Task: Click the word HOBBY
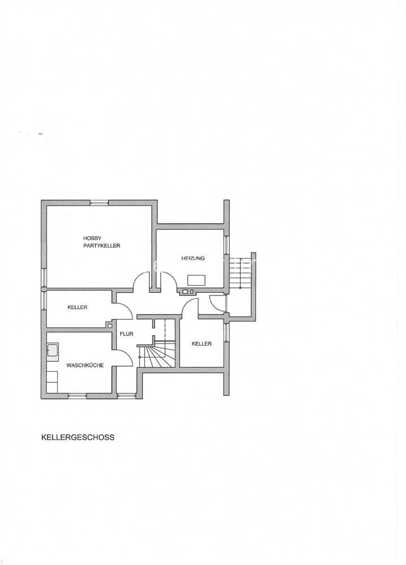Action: (x=92, y=238)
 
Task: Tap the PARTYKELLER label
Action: (x=102, y=246)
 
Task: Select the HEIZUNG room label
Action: (x=193, y=258)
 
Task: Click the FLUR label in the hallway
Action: (x=126, y=334)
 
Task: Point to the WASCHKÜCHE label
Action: (x=85, y=366)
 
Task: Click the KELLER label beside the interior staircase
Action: (x=202, y=344)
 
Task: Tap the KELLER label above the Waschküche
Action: (x=77, y=307)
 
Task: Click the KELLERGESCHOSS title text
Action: (x=78, y=437)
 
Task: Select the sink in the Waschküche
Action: (x=53, y=352)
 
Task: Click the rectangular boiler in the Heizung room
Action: (x=197, y=280)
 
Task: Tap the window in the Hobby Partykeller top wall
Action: (x=99, y=202)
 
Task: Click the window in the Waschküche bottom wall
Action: (x=77, y=396)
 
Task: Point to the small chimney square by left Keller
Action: (x=110, y=325)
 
